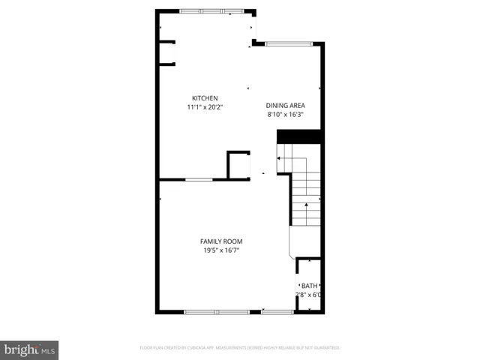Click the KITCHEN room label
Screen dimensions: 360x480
(x=205, y=98)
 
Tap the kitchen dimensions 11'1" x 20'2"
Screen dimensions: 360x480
(x=205, y=107)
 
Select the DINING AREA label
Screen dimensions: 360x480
(x=286, y=106)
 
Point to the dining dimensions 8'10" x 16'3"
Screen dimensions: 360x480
(x=286, y=115)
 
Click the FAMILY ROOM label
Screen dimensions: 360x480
(x=221, y=241)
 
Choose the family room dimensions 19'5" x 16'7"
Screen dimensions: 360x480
(x=221, y=250)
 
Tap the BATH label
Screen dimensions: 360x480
(x=309, y=286)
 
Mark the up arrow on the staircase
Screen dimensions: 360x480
(x=306, y=209)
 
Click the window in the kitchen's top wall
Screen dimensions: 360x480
(x=211, y=10)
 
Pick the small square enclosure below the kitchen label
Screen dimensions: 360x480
(x=239, y=165)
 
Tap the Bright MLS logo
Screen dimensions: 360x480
(x=29, y=349)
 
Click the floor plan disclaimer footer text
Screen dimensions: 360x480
(x=240, y=348)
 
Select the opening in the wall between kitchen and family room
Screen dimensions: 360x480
(x=199, y=179)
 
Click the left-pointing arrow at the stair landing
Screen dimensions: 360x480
(x=281, y=158)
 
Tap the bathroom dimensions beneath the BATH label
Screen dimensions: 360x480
(x=310, y=295)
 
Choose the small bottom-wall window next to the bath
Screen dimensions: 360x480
(x=277, y=311)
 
